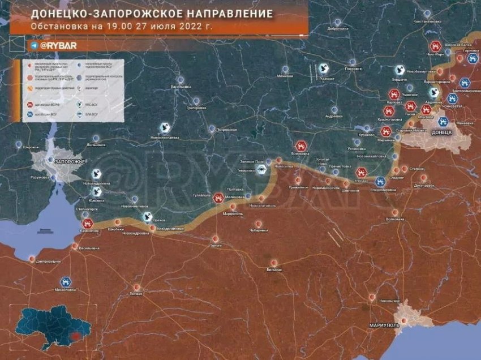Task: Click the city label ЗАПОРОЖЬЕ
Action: [x=70, y=162]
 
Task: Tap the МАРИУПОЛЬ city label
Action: [x=369, y=325]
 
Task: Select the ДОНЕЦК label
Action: [x=441, y=132]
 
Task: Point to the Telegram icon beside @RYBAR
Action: [x=35, y=45]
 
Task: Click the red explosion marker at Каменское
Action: [x=87, y=224]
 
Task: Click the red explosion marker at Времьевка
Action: [x=300, y=145]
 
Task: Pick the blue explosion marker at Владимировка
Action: [x=380, y=182]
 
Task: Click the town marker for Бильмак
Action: [x=274, y=263]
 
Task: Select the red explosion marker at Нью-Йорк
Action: [x=435, y=46]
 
